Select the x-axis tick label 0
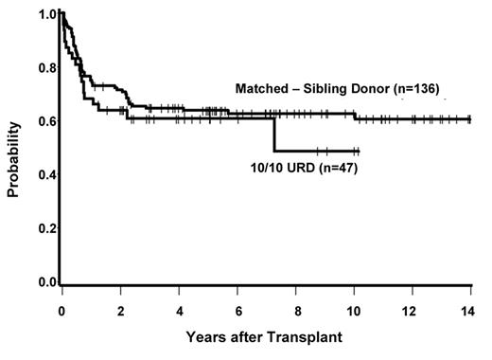click(61, 311)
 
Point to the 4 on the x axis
click(179, 311)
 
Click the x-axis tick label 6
click(237, 311)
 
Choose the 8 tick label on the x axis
click(297, 311)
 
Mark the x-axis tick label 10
click(355, 311)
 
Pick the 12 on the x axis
click(413, 311)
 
